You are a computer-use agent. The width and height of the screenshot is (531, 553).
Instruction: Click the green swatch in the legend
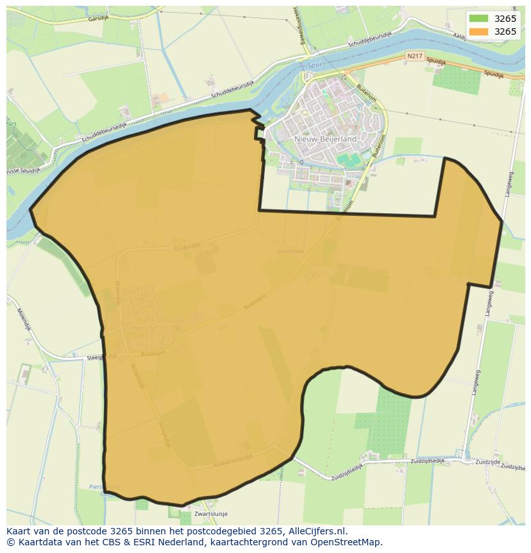pyautogui.click(x=478, y=19)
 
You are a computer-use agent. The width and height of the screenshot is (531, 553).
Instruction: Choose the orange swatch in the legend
pyautogui.click(x=478, y=31)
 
